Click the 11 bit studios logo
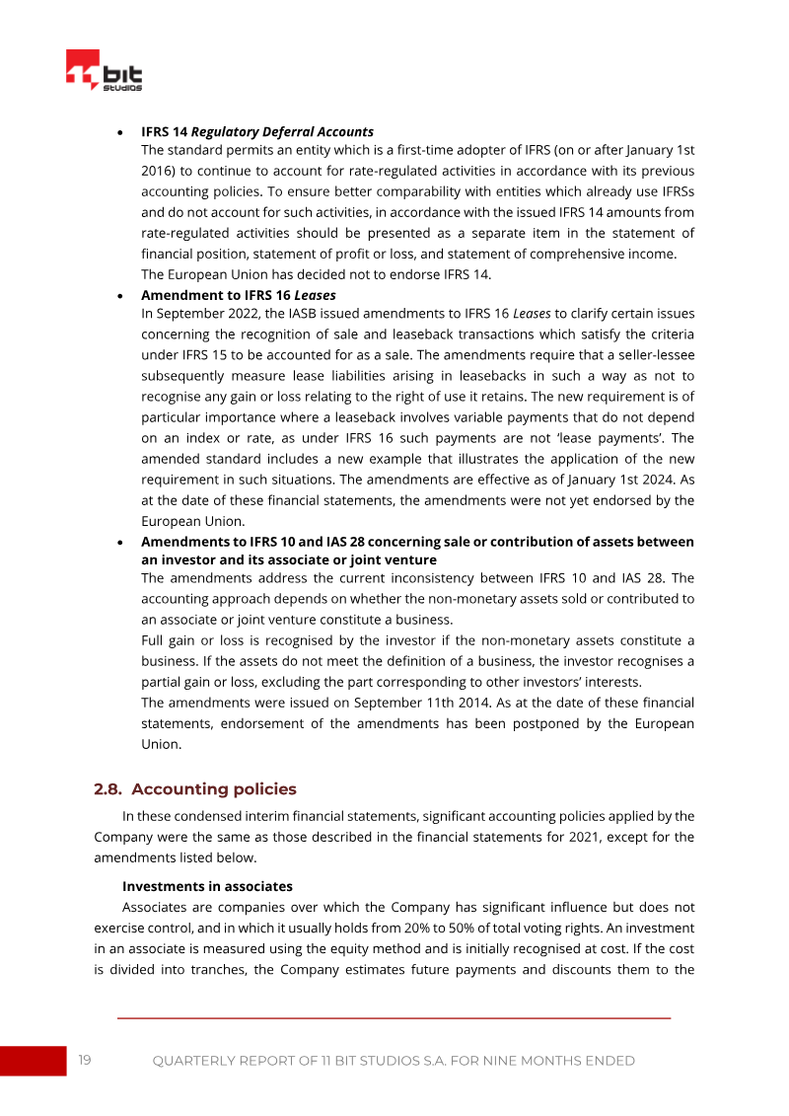click(x=104, y=71)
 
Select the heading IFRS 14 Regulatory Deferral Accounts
click(x=256, y=131)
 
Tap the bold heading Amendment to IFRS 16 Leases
click(x=238, y=295)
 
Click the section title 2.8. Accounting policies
click(x=194, y=789)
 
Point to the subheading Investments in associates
click(x=207, y=886)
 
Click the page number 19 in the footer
click(x=85, y=1061)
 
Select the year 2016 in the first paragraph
click(x=158, y=171)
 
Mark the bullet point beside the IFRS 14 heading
click(x=119, y=131)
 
